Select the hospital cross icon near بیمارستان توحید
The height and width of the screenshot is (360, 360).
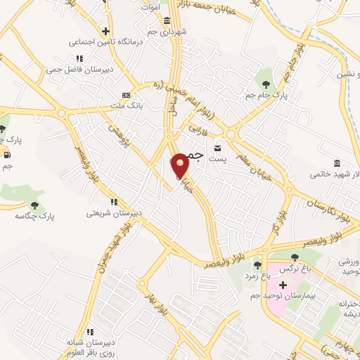tap(283, 285)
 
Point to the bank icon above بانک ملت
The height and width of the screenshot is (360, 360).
tap(127, 95)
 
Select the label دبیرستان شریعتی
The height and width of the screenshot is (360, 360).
tap(114, 212)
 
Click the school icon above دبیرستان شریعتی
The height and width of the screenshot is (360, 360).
tap(114, 201)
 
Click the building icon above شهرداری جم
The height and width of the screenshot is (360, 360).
tap(167, 20)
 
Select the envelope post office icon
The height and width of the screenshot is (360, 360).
tap(218, 147)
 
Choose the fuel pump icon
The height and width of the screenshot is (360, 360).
tap(7, 155)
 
